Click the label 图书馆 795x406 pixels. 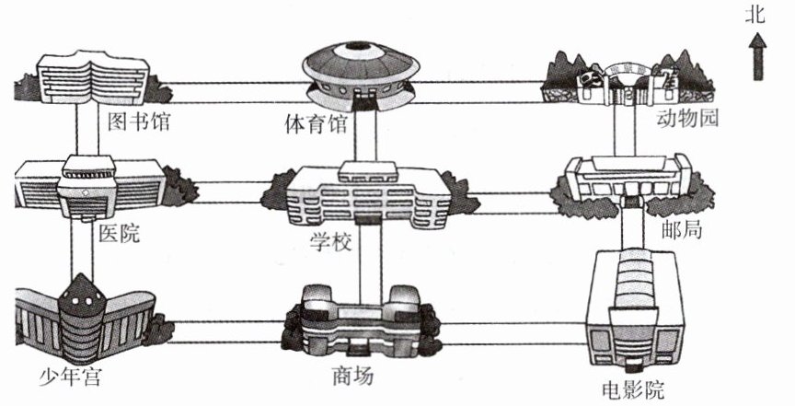138,122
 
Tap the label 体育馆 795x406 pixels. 316,124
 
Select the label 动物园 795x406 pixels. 687,118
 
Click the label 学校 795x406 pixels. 331,242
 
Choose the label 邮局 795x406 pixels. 682,230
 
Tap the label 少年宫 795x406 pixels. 71,377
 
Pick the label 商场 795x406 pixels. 353,377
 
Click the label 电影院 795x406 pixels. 633,390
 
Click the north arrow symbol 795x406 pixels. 757,56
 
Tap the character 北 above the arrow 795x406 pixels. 755,15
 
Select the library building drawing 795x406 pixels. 93,77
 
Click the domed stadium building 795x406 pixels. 361,76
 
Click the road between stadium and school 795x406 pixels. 365,136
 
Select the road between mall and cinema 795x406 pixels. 513,333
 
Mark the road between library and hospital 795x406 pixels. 87,129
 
